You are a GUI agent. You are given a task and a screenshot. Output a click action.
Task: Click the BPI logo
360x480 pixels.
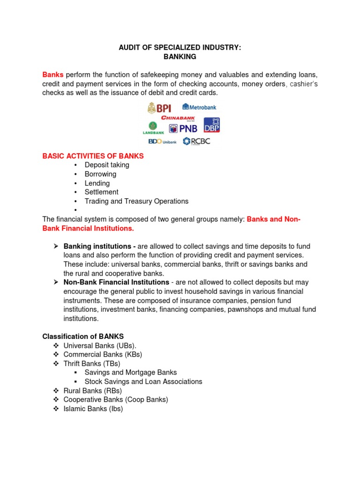[x=159, y=108]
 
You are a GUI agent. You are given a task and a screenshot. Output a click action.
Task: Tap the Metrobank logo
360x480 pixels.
[x=199, y=107]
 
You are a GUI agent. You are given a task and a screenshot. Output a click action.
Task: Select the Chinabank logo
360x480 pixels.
[x=178, y=118]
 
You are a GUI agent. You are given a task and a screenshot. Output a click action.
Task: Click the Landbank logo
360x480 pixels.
[x=153, y=128]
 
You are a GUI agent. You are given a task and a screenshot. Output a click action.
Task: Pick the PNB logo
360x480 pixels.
[x=183, y=128]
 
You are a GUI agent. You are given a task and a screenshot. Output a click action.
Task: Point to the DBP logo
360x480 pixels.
[x=211, y=125]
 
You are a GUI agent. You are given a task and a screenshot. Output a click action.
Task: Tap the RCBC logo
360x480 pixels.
[x=196, y=141]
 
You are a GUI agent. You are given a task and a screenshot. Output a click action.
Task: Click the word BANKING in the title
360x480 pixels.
[x=180, y=57]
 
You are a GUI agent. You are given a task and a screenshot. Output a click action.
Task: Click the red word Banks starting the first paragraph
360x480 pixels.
[x=53, y=75]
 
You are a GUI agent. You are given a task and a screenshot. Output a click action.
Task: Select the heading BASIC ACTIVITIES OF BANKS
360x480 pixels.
[x=93, y=156]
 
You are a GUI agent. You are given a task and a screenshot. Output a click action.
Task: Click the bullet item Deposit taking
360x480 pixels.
[x=107, y=165]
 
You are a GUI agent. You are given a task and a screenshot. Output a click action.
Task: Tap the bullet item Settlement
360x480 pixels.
[x=101, y=192]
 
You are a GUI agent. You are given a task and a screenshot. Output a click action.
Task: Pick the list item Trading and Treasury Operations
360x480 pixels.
[x=136, y=201]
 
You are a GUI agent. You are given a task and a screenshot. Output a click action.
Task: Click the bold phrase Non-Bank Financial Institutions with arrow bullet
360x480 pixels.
[x=116, y=282]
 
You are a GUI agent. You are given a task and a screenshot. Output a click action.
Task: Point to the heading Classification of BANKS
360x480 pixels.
[x=83, y=337]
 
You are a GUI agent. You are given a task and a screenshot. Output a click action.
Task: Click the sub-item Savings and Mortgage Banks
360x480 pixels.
[x=131, y=372]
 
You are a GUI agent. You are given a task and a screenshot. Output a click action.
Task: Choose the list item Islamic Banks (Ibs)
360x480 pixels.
[x=93, y=409]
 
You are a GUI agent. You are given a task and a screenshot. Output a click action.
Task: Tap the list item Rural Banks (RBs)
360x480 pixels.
[x=92, y=390]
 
